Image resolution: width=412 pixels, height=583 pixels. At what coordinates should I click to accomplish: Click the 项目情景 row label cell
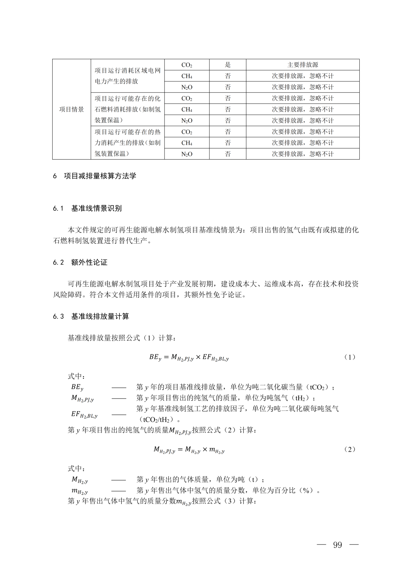pyautogui.click(x=71, y=110)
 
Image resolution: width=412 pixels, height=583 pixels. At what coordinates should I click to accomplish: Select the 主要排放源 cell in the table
pyautogui.click(x=303, y=65)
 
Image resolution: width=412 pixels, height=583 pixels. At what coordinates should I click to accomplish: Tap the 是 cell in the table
pyautogui.click(x=228, y=65)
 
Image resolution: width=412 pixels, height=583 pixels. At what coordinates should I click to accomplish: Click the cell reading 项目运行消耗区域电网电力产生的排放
pyautogui.click(x=127, y=76)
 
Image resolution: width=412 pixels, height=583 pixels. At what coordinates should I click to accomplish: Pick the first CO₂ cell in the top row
pyautogui.click(x=187, y=65)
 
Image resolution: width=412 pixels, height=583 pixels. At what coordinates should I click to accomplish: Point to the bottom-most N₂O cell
pyautogui.click(x=187, y=154)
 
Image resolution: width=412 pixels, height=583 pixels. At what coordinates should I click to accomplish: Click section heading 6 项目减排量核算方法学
pyautogui.click(x=95, y=176)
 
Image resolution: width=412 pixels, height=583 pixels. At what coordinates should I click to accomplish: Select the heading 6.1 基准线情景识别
pyautogui.click(x=87, y=208)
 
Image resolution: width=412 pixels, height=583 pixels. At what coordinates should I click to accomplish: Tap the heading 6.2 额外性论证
pyautogui.click(x=80, y=262)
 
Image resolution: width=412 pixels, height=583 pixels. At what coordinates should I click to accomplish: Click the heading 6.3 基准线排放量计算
pyautogui.click(x=91, y=317)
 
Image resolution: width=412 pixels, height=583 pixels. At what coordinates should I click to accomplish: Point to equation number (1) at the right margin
pyautogui.click(x=349, y=357)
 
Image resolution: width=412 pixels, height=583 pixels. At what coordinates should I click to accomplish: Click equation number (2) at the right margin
pyautogui.click(x=349, y=449)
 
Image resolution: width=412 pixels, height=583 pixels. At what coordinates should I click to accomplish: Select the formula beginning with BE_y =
pyautogui.click(x=189, y=357)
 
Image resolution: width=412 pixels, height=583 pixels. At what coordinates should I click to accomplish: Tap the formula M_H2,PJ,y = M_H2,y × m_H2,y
pyautogui.click(x=189, y=450)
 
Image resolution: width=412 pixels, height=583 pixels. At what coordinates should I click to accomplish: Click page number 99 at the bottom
pyautogui.click(x=337, y=545)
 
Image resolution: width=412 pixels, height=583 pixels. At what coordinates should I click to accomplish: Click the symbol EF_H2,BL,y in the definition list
pyautogui.click(x=84, y=414)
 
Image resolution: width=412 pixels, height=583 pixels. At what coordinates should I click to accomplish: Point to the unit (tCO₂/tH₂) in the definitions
pyautogui.click(x=157, y=420)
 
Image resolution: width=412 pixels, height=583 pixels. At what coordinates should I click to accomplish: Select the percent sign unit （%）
pyautogui.click(x=306, y=490)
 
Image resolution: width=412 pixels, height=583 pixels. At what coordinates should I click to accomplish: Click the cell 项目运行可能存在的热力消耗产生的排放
pyautogui.click(x=127, y=143)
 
